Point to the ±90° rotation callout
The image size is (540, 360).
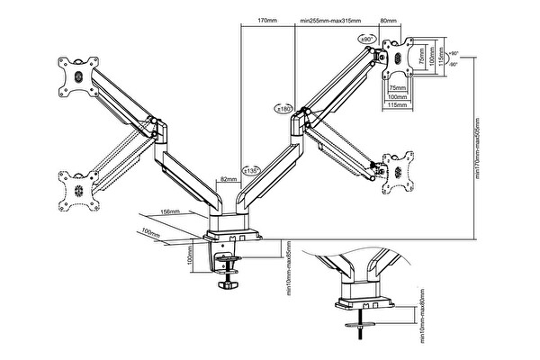click(367, 40)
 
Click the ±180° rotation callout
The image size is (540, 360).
click(285, 109)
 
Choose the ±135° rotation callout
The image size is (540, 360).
click(251, 168)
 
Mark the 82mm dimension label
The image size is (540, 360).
click(229, 179)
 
